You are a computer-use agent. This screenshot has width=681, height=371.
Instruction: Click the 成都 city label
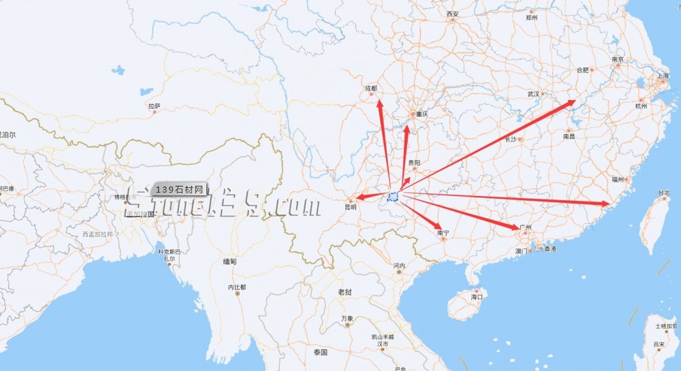click(x=370, y=88)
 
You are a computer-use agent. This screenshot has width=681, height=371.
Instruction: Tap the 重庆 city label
click(x=422, y=114)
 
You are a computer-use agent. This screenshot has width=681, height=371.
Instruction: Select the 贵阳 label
click(x=414, y=163)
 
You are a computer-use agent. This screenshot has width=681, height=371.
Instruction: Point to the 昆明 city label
click(x=351, y=207)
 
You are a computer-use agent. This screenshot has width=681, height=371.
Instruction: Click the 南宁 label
click(x=443, y=233)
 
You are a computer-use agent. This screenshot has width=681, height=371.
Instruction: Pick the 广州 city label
click(x=525, y=227)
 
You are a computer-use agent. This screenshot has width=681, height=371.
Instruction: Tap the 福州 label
click(x=618, y=179)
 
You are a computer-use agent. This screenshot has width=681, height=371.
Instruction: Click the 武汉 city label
click(x=533, y=94)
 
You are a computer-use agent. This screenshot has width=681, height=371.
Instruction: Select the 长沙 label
click(x=511, y=139)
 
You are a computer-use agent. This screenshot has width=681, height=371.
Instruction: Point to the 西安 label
click(x=453, y=14)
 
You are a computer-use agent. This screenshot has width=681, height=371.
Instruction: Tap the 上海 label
click(x=662, y=76)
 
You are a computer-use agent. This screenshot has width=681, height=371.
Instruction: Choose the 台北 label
click(x=663, y=193)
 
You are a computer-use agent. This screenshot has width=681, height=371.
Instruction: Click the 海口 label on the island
click(x=477, y=297)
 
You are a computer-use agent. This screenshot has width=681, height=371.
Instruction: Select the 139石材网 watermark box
click(x=179, y=189)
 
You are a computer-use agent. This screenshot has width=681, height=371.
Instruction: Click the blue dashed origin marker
click(x=393, y=197)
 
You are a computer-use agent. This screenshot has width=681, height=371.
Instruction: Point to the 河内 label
click(x=399, y=265)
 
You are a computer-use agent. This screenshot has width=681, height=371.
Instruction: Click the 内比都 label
click(x=237, y=287)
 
